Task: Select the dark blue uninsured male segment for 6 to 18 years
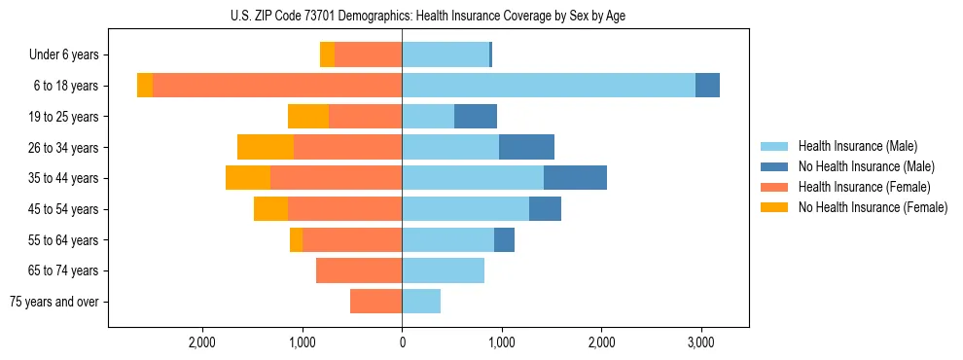coord(707,86)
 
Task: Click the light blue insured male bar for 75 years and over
coord(421,302)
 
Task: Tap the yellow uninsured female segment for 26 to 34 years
coord(266,147)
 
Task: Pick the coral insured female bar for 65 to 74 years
coord(359,270)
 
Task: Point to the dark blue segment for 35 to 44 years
coord(575,178)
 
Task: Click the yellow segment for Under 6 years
coord(327,54)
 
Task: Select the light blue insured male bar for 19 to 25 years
coord(428,117)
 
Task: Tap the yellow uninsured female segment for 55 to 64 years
coord(296,239)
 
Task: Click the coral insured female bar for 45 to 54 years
coord(344,209)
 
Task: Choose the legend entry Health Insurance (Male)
coord(857,146)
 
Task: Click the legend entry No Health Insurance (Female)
coord(873,207)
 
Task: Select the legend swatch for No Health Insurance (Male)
coord(774,166)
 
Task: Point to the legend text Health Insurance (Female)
coord(865,187)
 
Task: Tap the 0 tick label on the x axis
coord(402,342)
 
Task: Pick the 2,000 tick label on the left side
coord(202,342)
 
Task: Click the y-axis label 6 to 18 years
coord(65,86)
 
